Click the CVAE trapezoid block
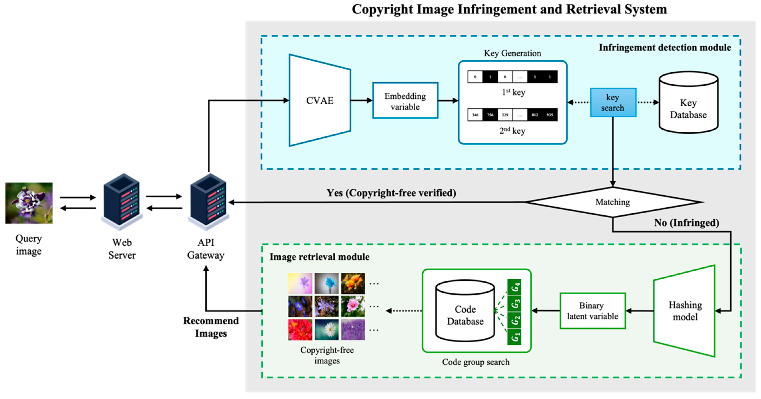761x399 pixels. point(320,100)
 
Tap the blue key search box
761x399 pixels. point(613,102)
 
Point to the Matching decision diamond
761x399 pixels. point(613,202)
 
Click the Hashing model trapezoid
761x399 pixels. point(685,311)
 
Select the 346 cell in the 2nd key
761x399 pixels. point(475,115)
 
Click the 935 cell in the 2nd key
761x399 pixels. point(550,115)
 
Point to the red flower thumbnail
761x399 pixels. point(300,330)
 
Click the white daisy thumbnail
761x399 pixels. point(326,330)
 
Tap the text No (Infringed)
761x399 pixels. point(686,223)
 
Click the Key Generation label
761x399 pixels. point(512,53)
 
